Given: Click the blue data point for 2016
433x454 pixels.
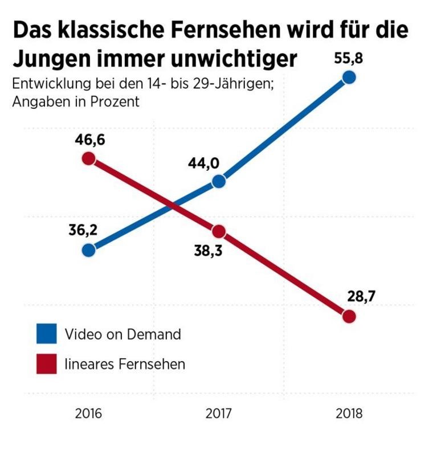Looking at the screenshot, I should (88, 250).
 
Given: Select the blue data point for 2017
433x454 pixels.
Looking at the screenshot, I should (219, 182).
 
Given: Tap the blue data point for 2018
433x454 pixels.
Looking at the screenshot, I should (349, 77).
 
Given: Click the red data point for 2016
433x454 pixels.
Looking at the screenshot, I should (88, 158).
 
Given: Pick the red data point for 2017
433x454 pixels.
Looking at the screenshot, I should (219, 231).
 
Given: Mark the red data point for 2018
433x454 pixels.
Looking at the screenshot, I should (349, 316).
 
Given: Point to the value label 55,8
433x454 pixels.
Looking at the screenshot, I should (349, 58).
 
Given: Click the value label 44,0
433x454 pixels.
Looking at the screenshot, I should (204, 163).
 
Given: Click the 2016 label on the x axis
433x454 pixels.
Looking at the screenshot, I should (88, 414).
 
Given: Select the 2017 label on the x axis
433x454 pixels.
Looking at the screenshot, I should (219, 414).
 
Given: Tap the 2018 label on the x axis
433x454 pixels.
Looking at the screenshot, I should (349, 414).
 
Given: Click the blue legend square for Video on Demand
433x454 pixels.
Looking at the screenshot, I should (46, 334).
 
